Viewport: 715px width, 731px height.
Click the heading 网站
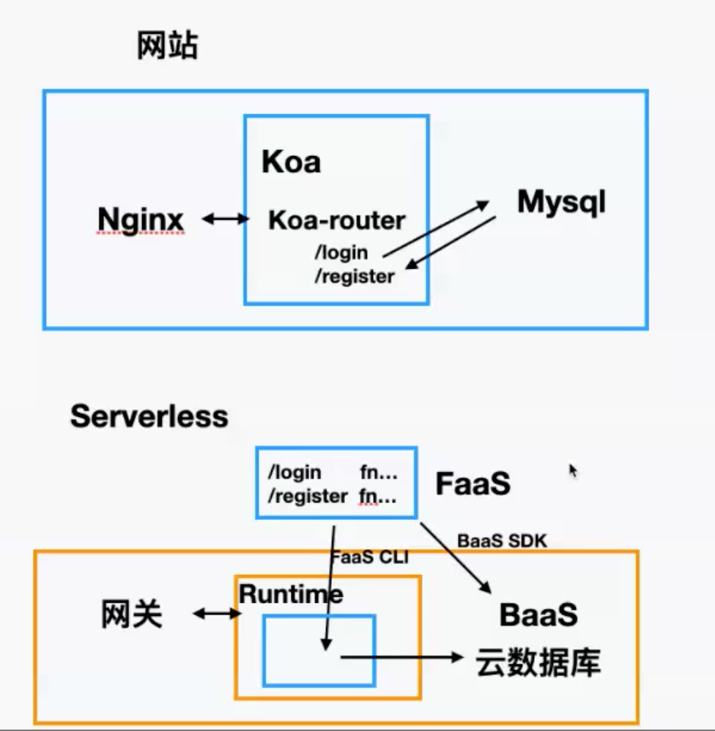168,47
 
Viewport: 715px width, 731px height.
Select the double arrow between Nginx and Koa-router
226,218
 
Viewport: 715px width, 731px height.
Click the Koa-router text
336,220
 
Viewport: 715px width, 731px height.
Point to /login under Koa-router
341,253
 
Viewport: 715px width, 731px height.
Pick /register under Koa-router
354,276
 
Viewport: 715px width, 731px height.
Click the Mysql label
562,201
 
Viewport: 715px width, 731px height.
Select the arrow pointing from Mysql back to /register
451,245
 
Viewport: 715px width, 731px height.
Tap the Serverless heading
149,417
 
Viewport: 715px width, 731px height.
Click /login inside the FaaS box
294,472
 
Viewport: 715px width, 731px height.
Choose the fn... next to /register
378,496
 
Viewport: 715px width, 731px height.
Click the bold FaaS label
473,484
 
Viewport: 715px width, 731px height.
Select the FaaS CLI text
369,557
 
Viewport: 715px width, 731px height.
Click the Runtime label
291,594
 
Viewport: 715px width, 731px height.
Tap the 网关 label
131,615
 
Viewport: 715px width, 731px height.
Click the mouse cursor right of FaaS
573,470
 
